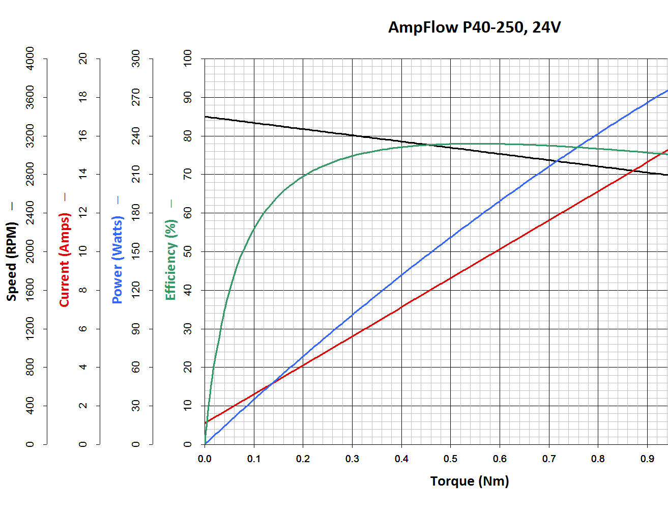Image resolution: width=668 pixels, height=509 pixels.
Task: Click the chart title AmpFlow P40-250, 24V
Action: click(x=474, y=27)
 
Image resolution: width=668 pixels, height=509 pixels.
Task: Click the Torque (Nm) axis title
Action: click(x=469, y=481)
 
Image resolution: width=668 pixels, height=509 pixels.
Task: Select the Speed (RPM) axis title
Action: click(x=12, y=261)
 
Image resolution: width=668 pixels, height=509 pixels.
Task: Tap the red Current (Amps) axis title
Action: click(x=64, y=260)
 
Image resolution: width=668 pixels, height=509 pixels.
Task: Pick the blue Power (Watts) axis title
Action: click(x=118, y=260)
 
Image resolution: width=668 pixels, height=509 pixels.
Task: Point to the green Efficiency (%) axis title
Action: click(x=170, y=260)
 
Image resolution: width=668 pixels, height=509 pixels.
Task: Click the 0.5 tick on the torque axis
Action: click(x=450, y=459)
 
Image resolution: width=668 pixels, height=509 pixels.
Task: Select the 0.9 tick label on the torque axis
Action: click(x=647, y=459)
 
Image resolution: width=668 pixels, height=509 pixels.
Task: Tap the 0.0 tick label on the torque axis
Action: click(x=205, y=459)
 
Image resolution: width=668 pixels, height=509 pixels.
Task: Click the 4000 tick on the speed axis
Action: click(x=30, y=58)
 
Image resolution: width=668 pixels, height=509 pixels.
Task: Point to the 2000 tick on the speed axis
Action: click(x=30, y=251)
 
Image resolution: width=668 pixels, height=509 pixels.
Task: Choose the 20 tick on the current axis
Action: click(x=83, y=58)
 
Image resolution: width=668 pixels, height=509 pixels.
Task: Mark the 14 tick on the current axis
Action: click(x=83, y=174)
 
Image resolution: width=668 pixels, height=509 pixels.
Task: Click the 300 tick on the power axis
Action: click(x=136, y=58)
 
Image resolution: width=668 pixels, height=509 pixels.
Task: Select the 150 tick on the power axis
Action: click(x=136, y=251)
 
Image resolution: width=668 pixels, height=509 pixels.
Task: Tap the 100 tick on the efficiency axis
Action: click(x=188, y=58)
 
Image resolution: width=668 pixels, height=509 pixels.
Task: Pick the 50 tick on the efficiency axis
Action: click(x=188, y=251)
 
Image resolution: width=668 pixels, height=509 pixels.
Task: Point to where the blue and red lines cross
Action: click(x=271, y=383)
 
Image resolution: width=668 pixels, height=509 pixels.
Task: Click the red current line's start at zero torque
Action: click(x=205, y=422)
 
